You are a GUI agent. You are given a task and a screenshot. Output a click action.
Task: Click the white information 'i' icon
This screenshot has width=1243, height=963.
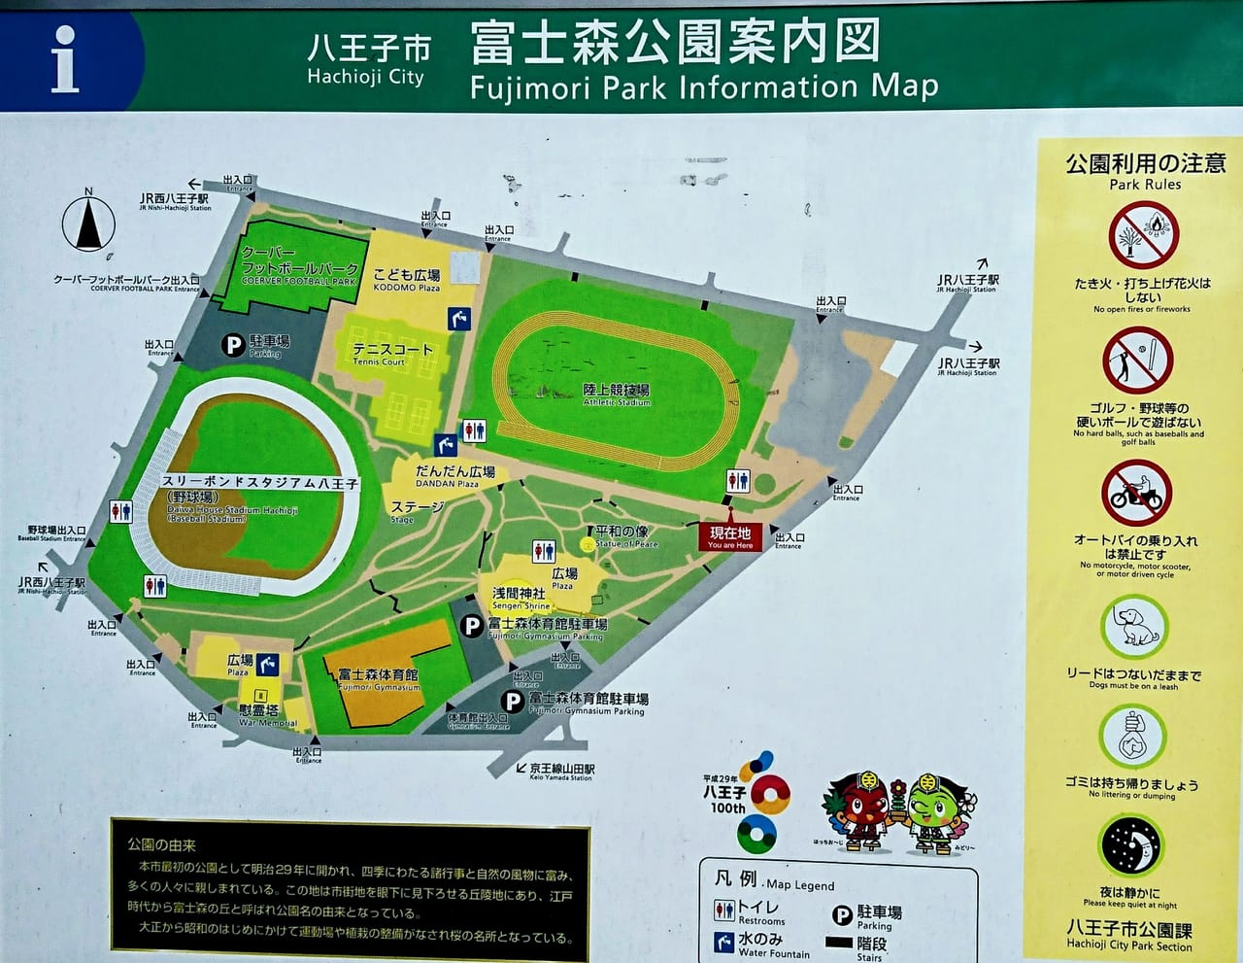coord(64,59)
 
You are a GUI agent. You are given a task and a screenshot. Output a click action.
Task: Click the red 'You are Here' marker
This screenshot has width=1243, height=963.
coord(730,537)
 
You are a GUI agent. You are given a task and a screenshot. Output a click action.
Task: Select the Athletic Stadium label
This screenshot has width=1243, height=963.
coord(617,394)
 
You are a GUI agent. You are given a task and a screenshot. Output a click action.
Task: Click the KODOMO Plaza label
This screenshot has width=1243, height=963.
coord(407,280)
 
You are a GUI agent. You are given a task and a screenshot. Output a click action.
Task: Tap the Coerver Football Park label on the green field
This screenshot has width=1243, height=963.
coord(300,266)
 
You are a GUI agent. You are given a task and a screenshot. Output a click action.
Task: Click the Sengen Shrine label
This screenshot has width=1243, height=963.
coord(521,598)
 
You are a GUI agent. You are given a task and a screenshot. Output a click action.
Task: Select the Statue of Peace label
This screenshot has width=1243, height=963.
coord(625,536)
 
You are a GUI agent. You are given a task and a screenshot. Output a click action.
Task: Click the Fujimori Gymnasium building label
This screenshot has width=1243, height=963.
coord(379,679)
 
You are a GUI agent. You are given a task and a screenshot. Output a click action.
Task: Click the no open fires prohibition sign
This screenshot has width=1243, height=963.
coord(1143,235)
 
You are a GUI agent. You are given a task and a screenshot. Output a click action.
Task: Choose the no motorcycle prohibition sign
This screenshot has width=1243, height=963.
coord(1136,493)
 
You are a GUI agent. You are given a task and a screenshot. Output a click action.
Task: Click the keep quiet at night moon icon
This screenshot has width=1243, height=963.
coord(1131,845)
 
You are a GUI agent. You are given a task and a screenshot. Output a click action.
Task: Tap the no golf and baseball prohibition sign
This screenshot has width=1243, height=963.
coord(1137,361)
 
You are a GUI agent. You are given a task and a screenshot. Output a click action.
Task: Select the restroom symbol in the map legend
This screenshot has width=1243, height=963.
coord(724,910)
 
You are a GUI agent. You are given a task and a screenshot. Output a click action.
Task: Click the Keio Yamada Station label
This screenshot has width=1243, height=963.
coord(562,772)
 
